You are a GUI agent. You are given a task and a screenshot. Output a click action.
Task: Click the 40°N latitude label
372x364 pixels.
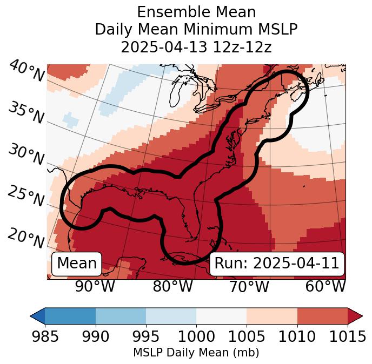[26, 71]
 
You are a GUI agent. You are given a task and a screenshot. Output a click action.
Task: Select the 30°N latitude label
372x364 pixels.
[26, 155]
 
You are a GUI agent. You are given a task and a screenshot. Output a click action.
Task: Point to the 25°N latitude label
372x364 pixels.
[26, 197]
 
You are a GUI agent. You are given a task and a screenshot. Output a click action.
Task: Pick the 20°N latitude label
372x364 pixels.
[26, 238]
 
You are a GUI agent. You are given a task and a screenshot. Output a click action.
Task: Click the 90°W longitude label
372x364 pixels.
[95, 286]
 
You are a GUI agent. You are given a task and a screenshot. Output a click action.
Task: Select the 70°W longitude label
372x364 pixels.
[248, 286]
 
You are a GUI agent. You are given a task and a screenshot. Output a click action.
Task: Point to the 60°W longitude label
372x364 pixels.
[325, 286]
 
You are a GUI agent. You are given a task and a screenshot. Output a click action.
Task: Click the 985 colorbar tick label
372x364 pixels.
[45, 337]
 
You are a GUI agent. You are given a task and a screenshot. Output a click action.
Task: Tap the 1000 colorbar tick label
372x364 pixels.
[196, 337]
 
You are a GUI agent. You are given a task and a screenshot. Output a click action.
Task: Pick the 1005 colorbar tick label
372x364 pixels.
[247, 337]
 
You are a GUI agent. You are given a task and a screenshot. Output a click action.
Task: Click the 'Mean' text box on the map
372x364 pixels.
[77, 264]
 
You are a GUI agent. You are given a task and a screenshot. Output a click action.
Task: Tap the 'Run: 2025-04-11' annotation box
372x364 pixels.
[277, 264]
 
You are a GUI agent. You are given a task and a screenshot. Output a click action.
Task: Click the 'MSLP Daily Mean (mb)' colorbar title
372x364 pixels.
[196, 353]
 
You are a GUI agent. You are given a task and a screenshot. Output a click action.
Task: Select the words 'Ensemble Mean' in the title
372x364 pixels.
[196, 12]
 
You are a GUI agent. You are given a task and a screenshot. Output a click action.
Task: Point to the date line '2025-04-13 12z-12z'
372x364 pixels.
[196, 47]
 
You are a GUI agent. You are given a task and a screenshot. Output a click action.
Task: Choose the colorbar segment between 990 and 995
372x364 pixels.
[121, 315]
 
